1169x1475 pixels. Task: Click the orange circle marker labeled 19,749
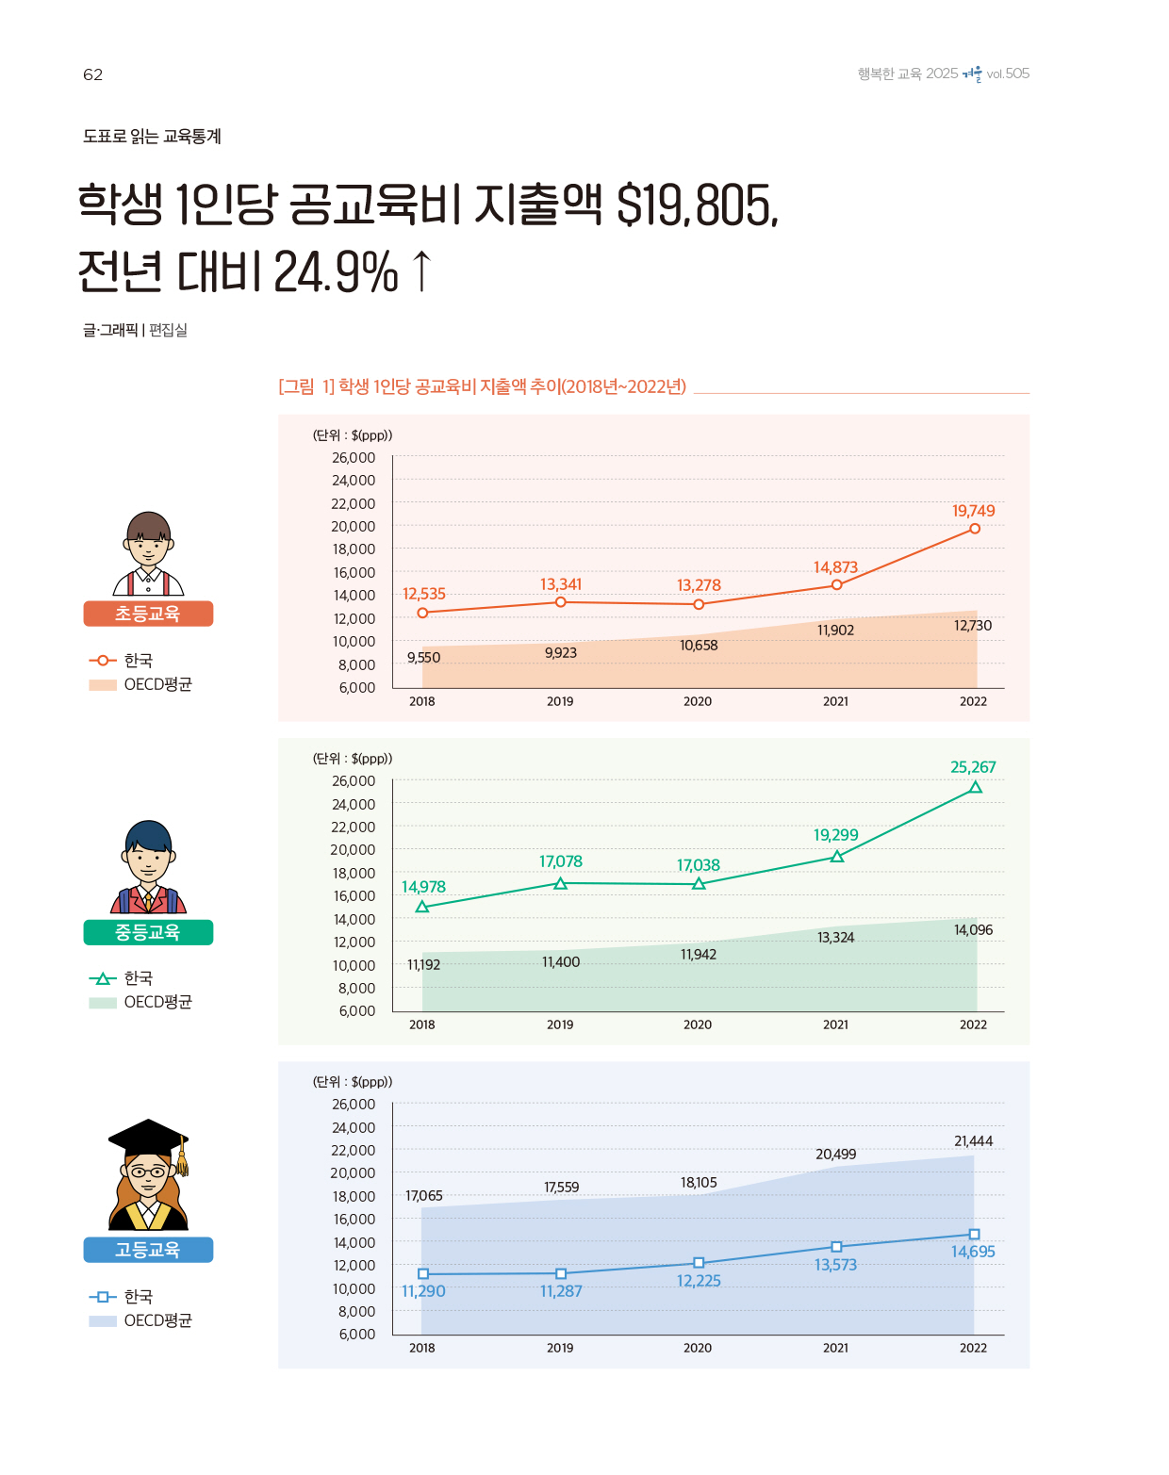click(975, 529)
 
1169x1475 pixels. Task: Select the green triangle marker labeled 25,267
click(976, 788)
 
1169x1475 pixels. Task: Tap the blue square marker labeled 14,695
click(974, 1235)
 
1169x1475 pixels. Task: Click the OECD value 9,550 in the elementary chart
click(423, 658)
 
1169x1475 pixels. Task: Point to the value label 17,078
click(561, 861)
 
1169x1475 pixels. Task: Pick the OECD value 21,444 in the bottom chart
click(973, 1141)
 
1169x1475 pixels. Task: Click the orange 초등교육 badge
click(148, 614)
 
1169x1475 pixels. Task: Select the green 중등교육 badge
click(148, 932)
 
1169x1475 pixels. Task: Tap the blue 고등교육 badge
click(148, 1250)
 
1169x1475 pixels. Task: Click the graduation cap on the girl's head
click(148, 1137)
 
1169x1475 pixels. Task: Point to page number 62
click(92, 75)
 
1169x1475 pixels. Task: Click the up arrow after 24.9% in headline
click(422, 271)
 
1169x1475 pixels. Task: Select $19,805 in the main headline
click(698, 205)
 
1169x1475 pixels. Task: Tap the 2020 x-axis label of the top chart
click(698, 701)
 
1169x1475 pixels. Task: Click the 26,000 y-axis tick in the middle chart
click(354, 781)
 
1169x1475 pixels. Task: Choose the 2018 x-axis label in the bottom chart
click(422, 1348)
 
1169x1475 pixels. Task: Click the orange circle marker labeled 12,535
click(422, 613)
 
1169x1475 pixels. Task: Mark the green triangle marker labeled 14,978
click(422, 907)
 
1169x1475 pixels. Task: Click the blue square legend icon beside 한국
click(102, 1297)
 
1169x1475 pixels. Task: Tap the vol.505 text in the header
click(1008, 74)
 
